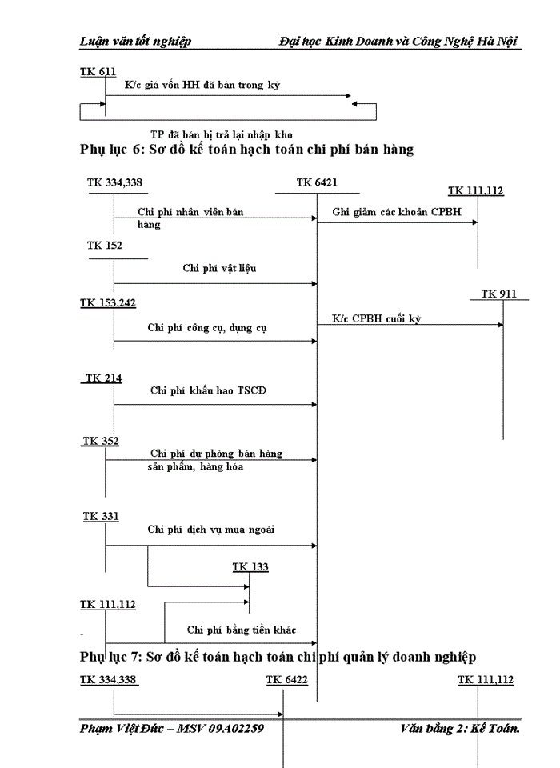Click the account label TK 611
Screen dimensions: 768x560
click(98, 72)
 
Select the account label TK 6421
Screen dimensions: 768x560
click(317, 182)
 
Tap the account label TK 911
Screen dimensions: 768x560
click(498, 294)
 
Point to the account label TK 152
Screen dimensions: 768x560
click(105, 245)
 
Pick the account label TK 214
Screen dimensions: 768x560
click(103, 378)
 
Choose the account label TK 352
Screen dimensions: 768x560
click(100, 441)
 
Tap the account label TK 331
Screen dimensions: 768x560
click(101, 516)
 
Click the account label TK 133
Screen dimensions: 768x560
click(250, 566)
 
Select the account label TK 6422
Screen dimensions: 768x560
click(287, 679)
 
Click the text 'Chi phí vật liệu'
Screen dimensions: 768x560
click(219, 268)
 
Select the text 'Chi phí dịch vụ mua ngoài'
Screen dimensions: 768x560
click(211, 529)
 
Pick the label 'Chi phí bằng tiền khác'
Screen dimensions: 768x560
click(242, 630)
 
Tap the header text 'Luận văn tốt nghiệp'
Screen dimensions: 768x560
click(135, 41)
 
